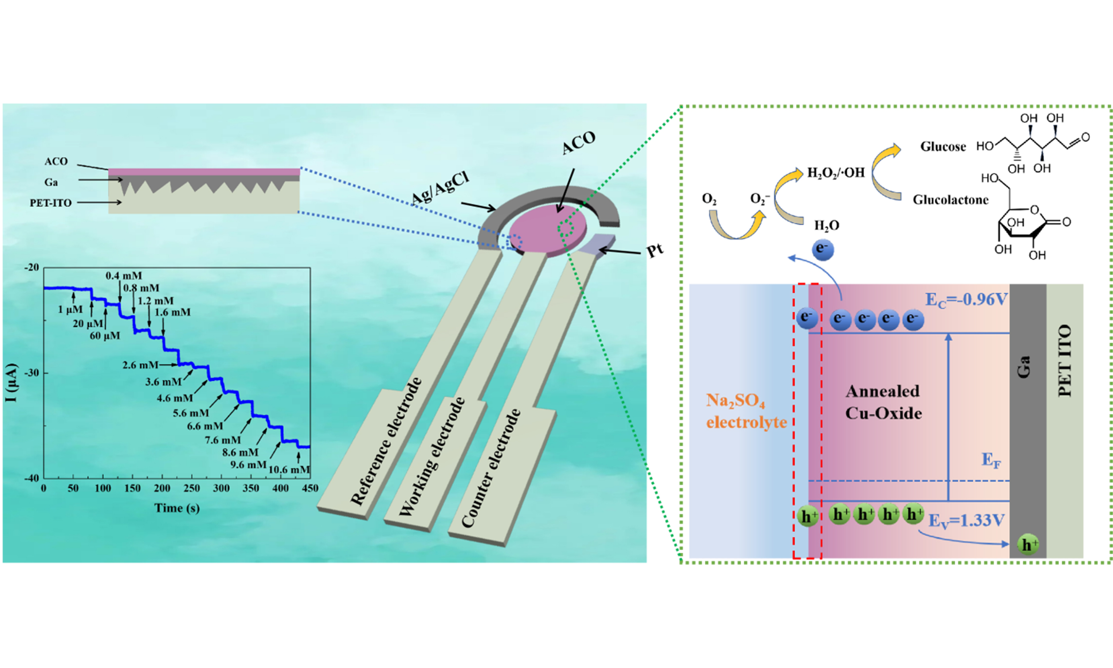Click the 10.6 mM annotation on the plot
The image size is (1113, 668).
click(x=289, y=470)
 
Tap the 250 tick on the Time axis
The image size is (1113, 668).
click(x=192, y=488)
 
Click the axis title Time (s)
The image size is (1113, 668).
click(x=177, y=508)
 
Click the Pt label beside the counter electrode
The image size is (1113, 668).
click(x=655, y=250)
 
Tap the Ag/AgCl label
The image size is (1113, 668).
click(x=440, y=188)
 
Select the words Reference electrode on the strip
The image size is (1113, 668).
click(x=386, y=441)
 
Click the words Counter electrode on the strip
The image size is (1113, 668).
click(x=491, y=468)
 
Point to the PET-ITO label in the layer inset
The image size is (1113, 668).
click(x=50, y=203)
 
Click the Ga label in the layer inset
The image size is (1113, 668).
click(x=51, y=182)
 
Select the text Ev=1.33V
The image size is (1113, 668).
click(x=966, y=521)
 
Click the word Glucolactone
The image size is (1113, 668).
click(x=950, y=200)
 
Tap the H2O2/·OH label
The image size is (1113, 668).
click(x=836, y=172)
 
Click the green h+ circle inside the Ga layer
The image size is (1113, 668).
click(x=1027, y=544)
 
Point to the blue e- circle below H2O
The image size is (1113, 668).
click(x=823, y=249)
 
